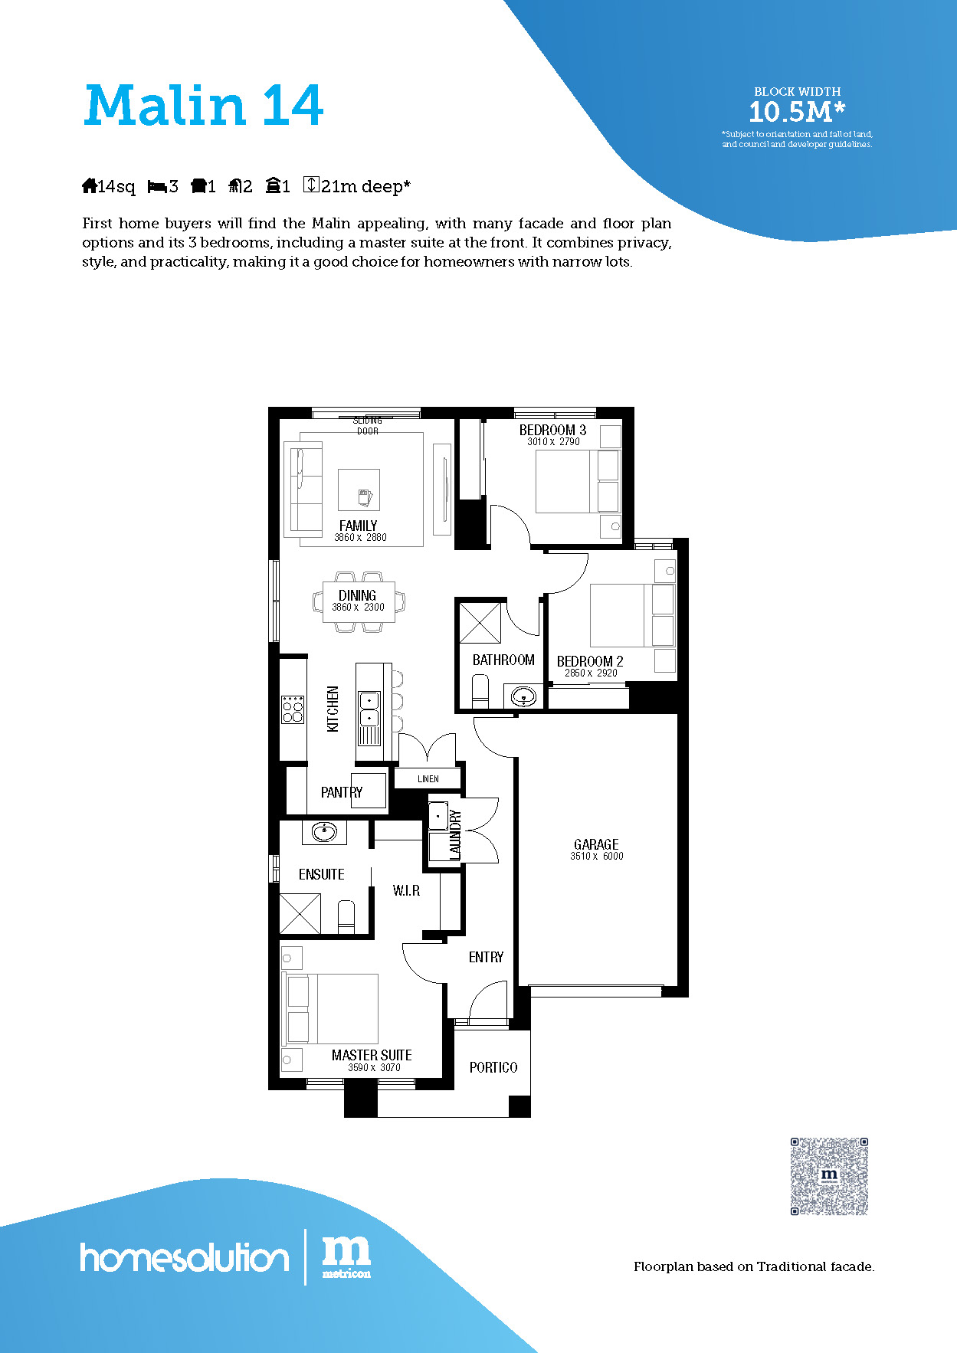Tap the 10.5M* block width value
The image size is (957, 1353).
(x=797, y=112)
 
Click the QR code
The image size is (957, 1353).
(x=830, y=1176)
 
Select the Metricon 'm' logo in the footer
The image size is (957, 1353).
(x=346, y=1256)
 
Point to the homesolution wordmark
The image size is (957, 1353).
(x=185, y=1257)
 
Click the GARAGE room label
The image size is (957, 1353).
(x=596, y=844)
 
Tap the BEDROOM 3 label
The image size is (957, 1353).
(x=552, y=430)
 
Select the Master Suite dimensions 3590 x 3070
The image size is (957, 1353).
(x=374, y=1067)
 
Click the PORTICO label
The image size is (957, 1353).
(x=493, y=1067)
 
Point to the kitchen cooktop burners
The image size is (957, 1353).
(x=293, y=709)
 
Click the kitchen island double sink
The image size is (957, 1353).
(x=369, y=709)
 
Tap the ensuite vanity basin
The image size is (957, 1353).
(x=324, y=832)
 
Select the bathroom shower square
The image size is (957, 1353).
(x=480, y=623)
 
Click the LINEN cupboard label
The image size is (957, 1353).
(x=428, y=778)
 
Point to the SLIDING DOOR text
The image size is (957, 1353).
(x=368, y=426)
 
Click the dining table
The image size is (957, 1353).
(x=358, y=601)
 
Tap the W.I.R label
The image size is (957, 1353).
(x=406, y=890)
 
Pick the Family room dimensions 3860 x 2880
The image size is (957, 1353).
(x=360, y=538)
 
